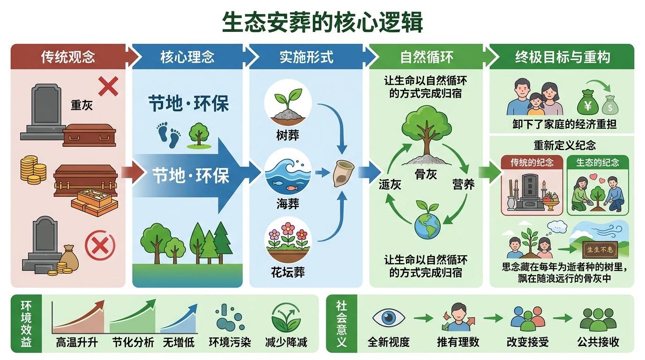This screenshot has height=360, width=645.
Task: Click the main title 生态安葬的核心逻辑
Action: [x=322, y=22]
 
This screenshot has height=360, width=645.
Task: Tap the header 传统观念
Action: [x=68, y=57]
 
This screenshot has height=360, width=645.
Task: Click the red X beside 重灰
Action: [x=108, y=87]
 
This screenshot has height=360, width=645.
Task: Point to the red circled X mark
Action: [x=100, y=245]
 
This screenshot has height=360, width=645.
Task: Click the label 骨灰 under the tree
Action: [x=426, y=174]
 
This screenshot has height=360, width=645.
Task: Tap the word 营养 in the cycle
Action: [x=463, y=184]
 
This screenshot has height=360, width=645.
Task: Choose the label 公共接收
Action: [x=599, y=342]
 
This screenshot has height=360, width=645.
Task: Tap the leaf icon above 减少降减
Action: [x=286, y=317]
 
